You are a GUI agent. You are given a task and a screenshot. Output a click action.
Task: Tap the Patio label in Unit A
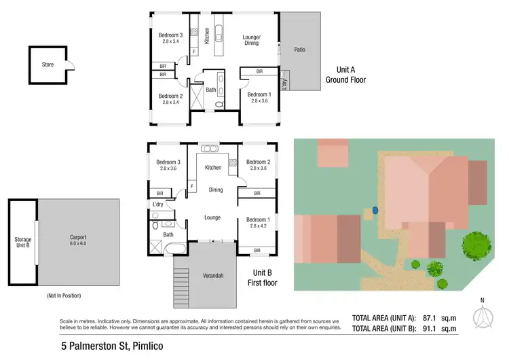pyautogui.click(x=300, y=50)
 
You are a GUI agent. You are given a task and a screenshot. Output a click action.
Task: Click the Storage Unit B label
pyautogui.click(x=23, y=243)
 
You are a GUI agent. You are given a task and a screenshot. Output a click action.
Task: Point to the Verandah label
pyautogui.click(x=213, y=277)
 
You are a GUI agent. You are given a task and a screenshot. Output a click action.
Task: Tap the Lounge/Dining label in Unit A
pyautogui.click(x=252, y=40)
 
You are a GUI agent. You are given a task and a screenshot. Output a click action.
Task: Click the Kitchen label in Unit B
pyautogui.click(x=214, y=167)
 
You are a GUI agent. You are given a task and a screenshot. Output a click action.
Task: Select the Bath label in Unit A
pyautogui.click(x=211, y=90)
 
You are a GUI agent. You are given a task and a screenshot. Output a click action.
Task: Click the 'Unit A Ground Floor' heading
pyautogui.click(x=345, y=75)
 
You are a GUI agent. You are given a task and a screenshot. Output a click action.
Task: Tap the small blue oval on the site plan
pyautogui.click(x=374, y=211)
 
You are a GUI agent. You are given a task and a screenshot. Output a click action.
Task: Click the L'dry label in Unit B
pyautogui.click(x=158, y=204)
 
